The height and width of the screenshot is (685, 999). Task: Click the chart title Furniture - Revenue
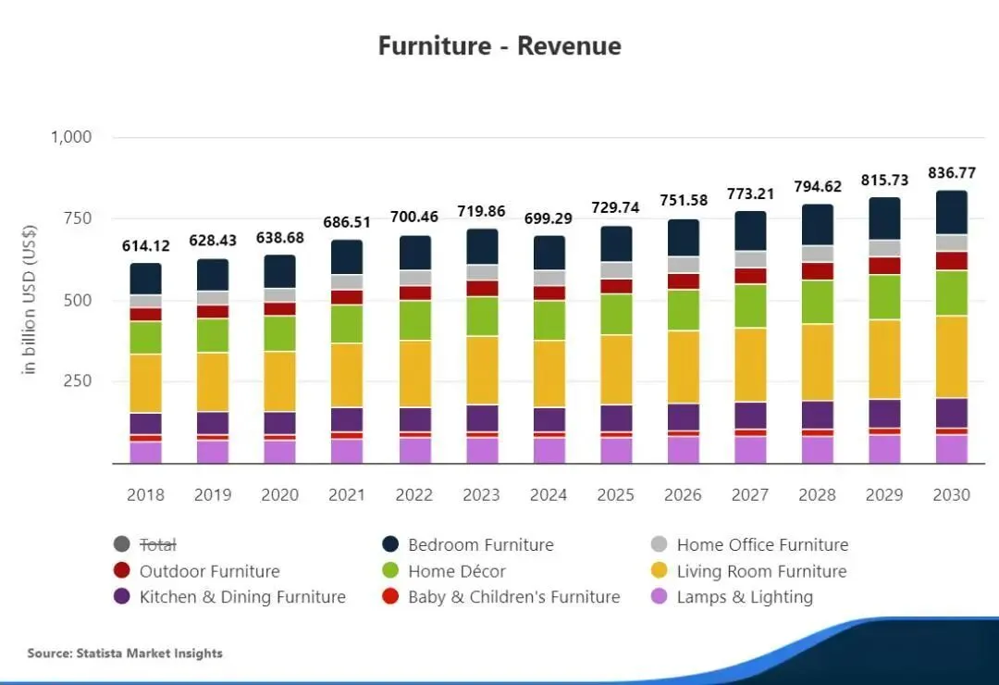(499, 45)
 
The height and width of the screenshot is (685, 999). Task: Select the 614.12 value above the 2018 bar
(146, 245)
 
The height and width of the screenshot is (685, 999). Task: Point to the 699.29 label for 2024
(549, 218)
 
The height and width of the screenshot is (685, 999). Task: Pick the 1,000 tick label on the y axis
(70, 137)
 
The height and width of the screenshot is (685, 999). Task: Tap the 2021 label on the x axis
(347, 495)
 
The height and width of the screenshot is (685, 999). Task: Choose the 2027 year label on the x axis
(750, 495)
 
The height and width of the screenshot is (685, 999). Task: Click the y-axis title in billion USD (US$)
(30, 299)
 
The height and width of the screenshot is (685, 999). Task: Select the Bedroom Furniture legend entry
(480, 545)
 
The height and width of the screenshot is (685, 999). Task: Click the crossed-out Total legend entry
(157, 545)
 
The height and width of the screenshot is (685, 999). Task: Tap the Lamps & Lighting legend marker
(659, 597)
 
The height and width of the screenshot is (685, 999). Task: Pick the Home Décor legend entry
(457, 571)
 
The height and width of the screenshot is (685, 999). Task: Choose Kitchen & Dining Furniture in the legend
(242, 597)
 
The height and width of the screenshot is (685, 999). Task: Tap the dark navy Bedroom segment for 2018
(146, 279)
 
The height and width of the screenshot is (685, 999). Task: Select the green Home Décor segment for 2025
(616, 314)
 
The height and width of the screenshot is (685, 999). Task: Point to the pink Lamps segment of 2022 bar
(414, 450)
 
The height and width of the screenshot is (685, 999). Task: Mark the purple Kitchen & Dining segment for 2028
(817, 415)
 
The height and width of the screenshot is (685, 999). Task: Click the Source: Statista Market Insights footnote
(125, 654)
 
